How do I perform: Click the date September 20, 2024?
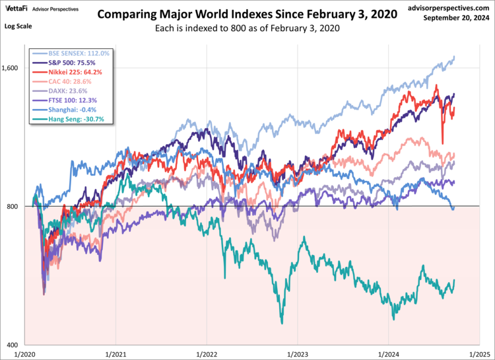point(457,18)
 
